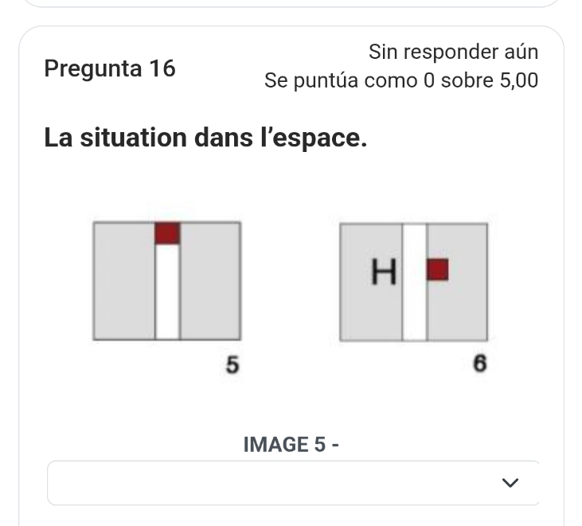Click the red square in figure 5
tap(167, 233)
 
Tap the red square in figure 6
tap(438, 270)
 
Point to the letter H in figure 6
tap(384, 271)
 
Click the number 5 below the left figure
tap(232, 364)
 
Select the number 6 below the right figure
tap(479, 363)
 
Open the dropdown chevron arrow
tap(510, 482)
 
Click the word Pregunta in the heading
tap(93, 69)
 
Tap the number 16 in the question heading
tap(162, 68)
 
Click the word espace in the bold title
tap(318, 138)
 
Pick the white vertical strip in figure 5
tap(167, 291)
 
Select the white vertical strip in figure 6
tap(415, 282)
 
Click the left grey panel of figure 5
tap(124, 281)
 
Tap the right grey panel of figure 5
tap(210, 281)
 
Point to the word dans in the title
tap(224, 137)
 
